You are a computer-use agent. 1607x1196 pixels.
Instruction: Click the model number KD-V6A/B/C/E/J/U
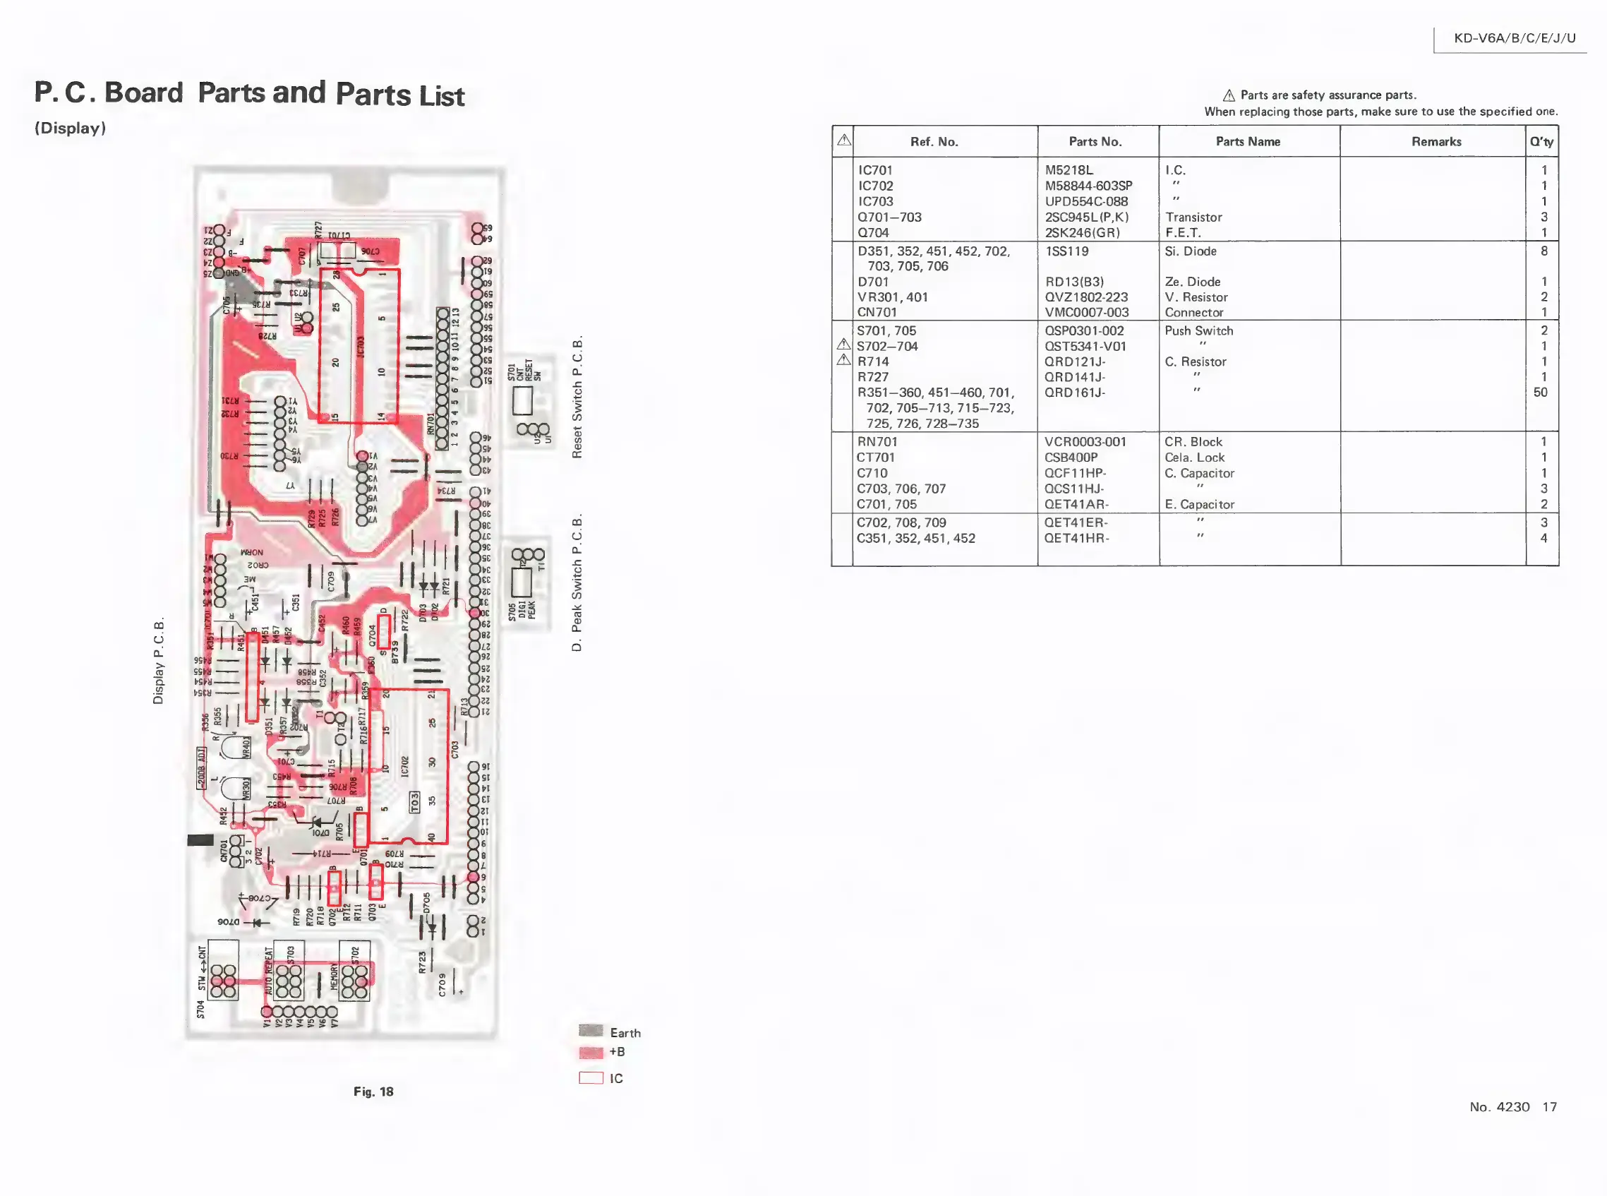click(1514, 38)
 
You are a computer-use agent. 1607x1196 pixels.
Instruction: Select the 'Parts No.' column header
click(1095, 142)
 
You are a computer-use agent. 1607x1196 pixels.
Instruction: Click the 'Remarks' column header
click(1436, 142)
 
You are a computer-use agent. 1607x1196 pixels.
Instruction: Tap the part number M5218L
click(1068, 170)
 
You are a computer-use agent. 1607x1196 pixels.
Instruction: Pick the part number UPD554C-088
click(1085, 201)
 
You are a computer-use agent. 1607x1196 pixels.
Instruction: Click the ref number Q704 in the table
click(872, 232)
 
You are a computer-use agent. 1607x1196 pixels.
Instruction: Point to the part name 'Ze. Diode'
click(1192, 282)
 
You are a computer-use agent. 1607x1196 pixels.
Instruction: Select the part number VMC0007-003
click(1086, 313)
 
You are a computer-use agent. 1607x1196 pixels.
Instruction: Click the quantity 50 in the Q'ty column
click(1540, 393)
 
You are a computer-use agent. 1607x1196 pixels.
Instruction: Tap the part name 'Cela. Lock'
click(1194, 458)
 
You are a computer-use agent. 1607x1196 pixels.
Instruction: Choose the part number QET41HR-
click(1076, 538)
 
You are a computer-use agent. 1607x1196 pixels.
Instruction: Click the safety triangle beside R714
click(843, 360)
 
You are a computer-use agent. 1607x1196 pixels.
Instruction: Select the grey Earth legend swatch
click(591, 1031)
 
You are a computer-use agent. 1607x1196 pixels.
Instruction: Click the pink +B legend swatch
click(591, 1052)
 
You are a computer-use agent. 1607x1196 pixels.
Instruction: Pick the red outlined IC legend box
click(591, 1078)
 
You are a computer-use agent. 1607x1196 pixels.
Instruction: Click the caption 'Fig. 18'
click(373, 1092)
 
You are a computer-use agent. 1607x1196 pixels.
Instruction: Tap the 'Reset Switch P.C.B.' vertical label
click(577, 397)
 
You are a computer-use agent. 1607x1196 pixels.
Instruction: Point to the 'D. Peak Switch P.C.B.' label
click(577, 582)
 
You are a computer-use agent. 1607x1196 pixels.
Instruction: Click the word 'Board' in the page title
click(143, 92)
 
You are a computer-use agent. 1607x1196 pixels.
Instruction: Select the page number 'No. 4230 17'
click(1512, 1107)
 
